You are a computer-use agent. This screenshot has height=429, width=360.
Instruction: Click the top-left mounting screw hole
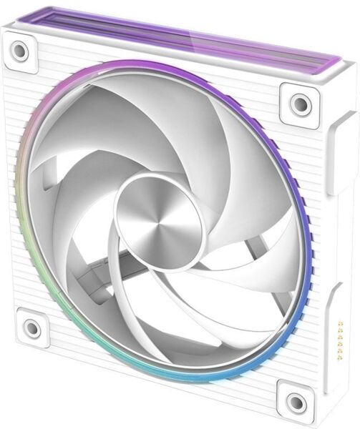click(x=19, y=49)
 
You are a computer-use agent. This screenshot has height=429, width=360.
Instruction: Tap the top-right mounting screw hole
click(x=300, y=104)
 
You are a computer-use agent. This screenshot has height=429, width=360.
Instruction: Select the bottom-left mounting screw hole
click(x=31, y=329)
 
